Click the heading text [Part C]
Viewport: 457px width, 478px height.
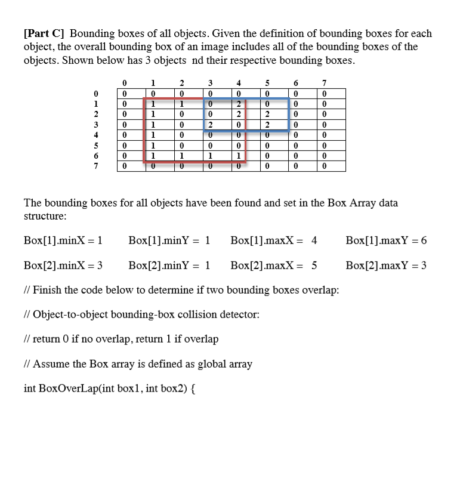[45, 34]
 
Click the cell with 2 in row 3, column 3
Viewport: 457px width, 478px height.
[209, 125]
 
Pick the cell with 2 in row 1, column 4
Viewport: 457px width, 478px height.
[238, 104]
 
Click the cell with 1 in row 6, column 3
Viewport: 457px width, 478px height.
[209, 155]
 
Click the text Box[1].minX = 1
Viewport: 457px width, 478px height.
[64, 241]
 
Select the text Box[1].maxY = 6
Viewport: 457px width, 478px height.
[386, 241]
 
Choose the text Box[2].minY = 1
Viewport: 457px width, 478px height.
[169, 266]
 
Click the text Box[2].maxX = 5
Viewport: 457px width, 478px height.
[273, 266]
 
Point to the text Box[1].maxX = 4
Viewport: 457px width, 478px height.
[273, 241]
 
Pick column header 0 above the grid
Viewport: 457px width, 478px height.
[123, 83]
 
